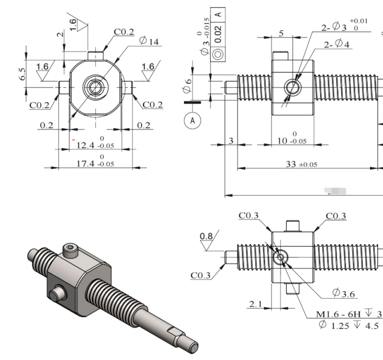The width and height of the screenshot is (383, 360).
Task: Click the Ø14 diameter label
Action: [x=149, y=41]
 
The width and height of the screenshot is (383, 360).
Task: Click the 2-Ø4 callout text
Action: [x=338, y=45]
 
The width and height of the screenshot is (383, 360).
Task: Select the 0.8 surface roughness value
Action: [x=206, y=236]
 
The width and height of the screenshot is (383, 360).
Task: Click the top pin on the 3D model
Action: [x=71, y=249]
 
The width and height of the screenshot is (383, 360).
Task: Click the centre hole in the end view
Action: [x=95, y=87]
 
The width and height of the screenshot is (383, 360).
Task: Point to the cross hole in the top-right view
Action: [x=292, y=87]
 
